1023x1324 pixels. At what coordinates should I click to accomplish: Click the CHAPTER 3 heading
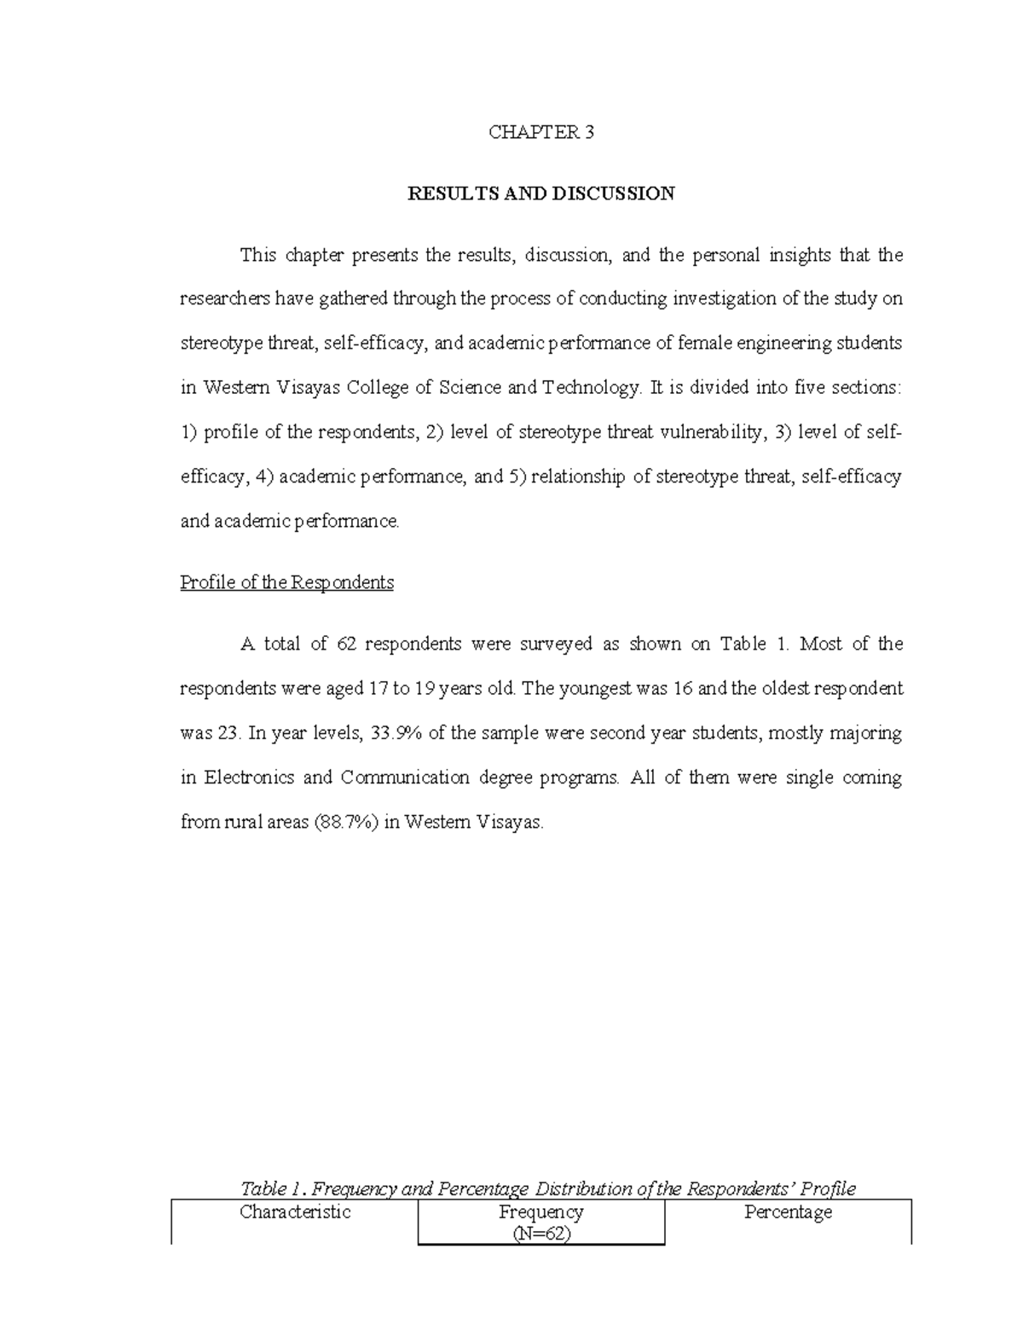click(540, 132)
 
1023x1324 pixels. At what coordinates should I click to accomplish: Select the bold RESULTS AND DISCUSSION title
click(541, 194)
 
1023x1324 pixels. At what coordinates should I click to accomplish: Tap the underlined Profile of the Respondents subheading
click(287, 582)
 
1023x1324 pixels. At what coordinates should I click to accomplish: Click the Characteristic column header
click(295, 1212)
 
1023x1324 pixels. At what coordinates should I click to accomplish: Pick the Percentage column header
click(788, 1212)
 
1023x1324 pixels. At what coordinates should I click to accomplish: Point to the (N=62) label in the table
click(540, 1233)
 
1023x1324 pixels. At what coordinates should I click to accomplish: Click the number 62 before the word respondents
click(346, 644)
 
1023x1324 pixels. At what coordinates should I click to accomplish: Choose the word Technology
click(591, 388)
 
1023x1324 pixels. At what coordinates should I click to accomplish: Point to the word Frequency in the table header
click(540, 1211)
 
